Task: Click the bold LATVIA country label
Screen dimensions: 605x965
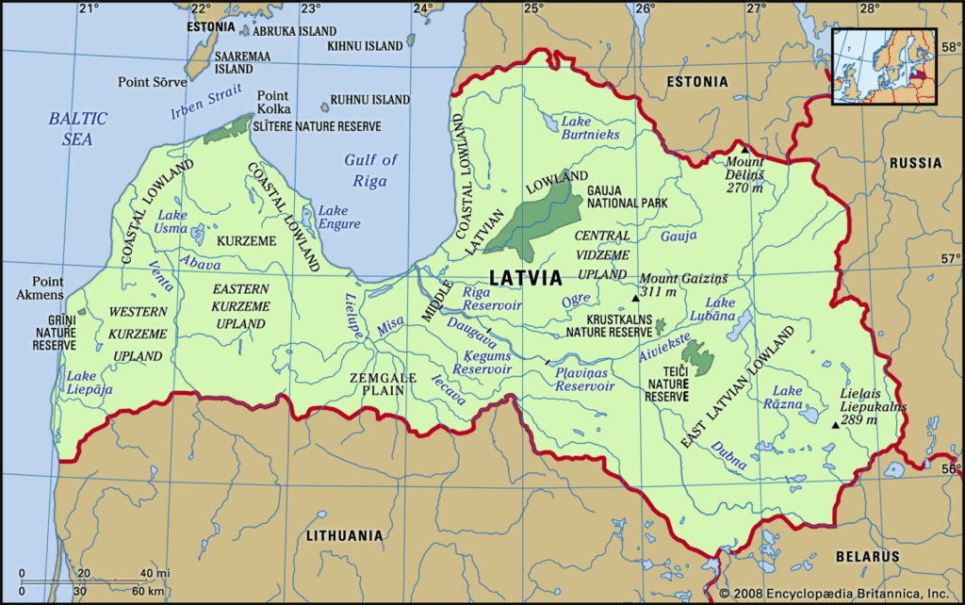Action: tap(526, 278)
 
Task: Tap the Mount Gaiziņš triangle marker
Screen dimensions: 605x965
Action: tap(635, 298)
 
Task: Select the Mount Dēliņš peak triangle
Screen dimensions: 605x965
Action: tap(744, 149)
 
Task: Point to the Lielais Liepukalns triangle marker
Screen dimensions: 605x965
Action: tap(835, 425)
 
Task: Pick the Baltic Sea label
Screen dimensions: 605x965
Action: tap(78, 128)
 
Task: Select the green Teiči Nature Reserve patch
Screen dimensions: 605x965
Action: tap(698, 356)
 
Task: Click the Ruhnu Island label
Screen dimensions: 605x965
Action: tap(369, 99)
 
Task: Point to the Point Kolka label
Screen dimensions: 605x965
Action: tap(273, 103)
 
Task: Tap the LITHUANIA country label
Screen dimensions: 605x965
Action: tap(345, 535)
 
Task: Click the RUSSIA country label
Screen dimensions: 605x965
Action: tap(915, 163)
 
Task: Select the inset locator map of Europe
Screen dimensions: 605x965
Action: tap(884, 64)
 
